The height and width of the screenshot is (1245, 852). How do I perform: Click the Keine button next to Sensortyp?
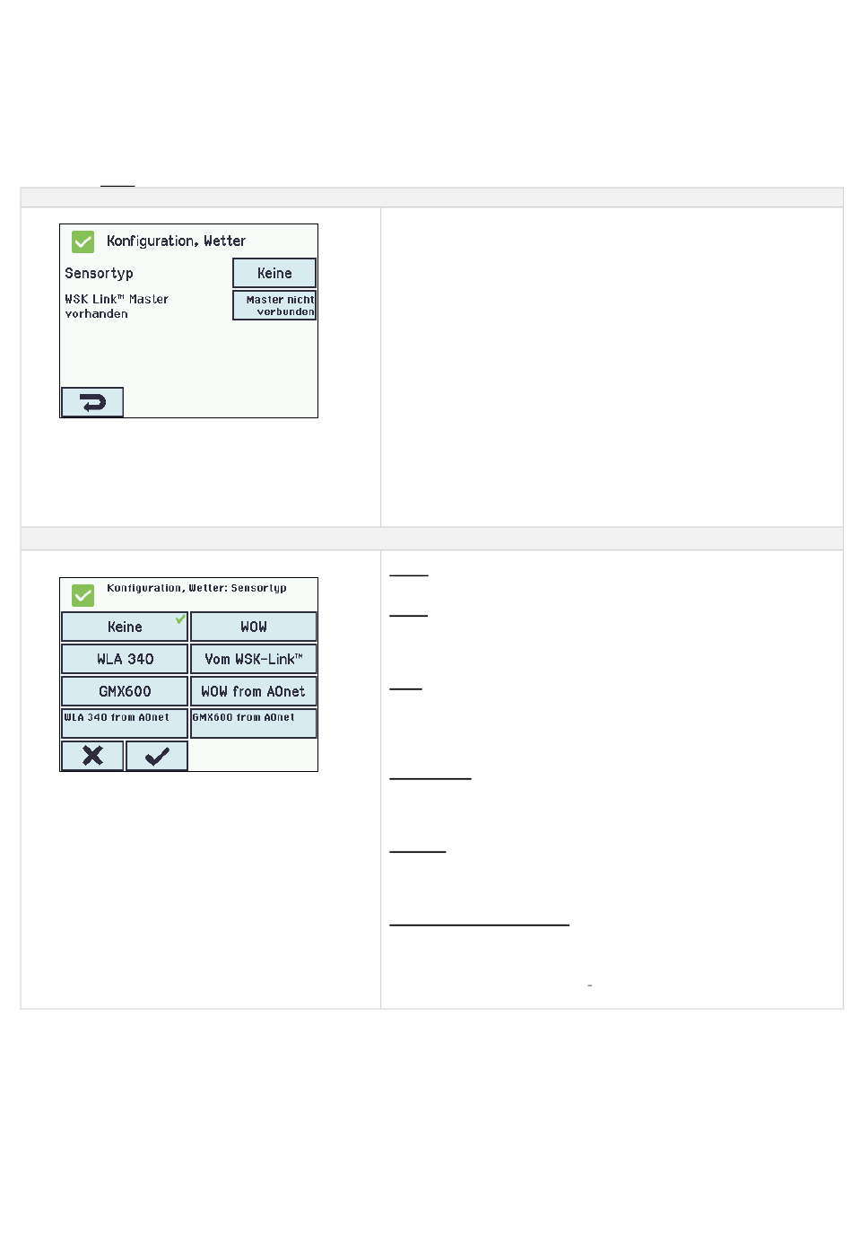point(274,273)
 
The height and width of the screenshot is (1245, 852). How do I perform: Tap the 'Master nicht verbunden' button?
point(274,305)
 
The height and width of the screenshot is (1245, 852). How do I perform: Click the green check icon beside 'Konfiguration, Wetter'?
point(83,241)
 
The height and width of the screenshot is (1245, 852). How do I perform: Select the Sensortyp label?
point(99,274)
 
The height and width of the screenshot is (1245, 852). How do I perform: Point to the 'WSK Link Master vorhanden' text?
point(117,306)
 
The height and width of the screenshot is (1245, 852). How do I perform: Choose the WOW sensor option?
point(254,627)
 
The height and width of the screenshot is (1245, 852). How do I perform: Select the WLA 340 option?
point(125,659)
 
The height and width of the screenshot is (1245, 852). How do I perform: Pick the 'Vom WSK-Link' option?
point(254,659)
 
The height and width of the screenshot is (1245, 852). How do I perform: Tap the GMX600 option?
point(125,691)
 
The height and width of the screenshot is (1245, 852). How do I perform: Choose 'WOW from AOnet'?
point(254,691)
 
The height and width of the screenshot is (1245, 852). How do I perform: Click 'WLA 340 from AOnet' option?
point(125,723)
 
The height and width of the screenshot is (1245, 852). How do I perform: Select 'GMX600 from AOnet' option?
point(254,723)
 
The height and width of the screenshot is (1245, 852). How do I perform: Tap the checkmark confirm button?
point(157,756)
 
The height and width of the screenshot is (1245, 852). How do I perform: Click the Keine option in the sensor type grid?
point(125,627)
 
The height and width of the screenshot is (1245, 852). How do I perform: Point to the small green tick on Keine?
point(180,618)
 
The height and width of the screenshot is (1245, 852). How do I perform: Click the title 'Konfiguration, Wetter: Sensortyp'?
point(196,588)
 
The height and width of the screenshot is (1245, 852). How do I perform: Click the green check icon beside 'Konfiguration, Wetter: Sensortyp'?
point(83,595)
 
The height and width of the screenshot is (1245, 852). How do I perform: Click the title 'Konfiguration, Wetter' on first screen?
point(176,241)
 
